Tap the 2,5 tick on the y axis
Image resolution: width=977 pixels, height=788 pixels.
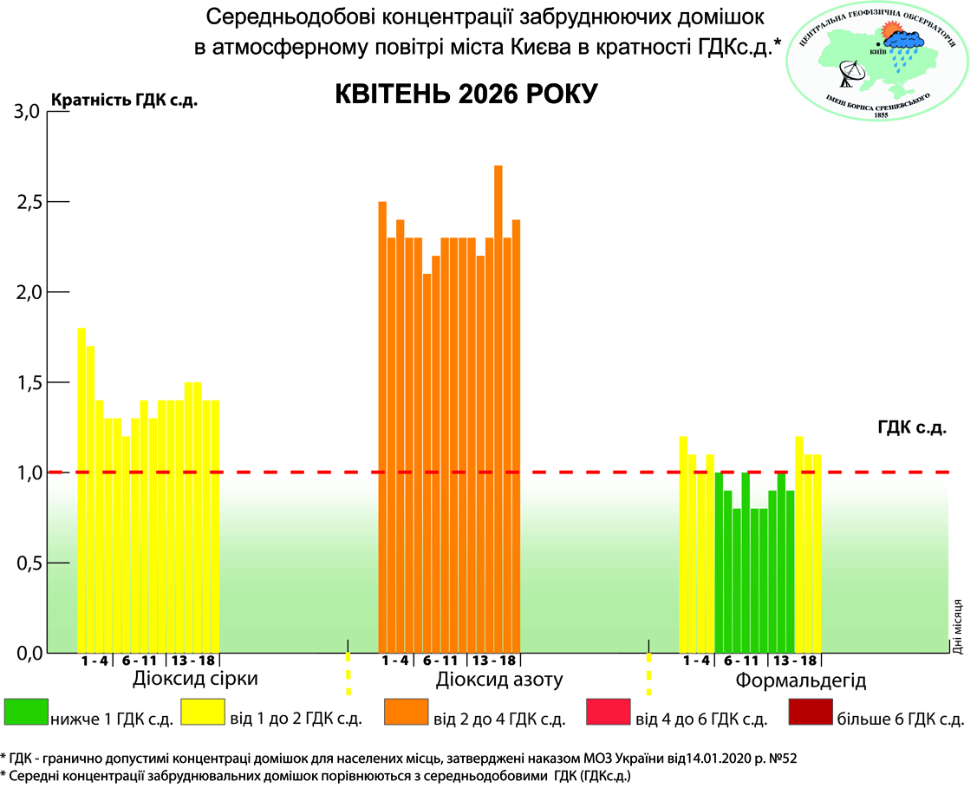tap(29, 202)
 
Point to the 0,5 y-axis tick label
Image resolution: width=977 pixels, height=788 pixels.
tap(29, 563)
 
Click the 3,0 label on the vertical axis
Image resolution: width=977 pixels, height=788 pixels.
tap(29, 111)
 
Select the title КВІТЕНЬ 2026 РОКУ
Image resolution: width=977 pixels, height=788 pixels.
tap(466, 94)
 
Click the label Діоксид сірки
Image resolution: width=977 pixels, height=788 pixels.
tap(195, 678)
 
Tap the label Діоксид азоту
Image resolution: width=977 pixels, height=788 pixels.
tap(500, 678)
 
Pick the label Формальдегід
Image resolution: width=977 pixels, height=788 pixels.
tap(800, 680)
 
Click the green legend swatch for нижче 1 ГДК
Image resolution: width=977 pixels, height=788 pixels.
tap(26, 712)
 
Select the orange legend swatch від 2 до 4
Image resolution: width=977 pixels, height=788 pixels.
tap(405, 712)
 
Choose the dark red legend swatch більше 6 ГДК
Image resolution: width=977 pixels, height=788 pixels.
tap(811, 712)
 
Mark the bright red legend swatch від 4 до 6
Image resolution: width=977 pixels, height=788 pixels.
tap(608, 712)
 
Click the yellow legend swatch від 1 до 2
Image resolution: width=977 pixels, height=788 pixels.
tap(202, 712)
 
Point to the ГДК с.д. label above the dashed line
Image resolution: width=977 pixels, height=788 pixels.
tap(911, 427)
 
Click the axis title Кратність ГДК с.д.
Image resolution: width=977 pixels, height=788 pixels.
tap(125, 99)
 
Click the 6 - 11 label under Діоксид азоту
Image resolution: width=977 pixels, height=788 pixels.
tap(440, 661)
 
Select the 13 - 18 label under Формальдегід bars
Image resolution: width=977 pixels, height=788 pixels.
tap(795, 661)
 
